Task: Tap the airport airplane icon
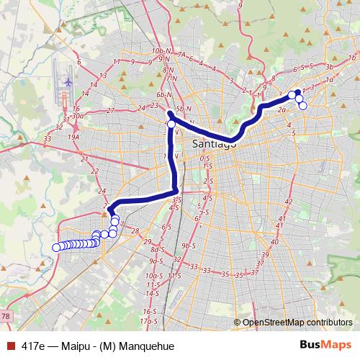tap(68, 81)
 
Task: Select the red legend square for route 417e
tap(9, 346)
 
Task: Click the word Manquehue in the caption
tap(149, 346)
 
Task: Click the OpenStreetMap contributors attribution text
tap(297, 323)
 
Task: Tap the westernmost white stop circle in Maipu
tap(56, 248)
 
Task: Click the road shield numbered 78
tap(5, 316)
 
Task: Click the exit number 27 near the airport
tap(110, 110)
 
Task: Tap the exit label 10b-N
tap(160, 52)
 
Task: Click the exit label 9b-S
tap(189, 246)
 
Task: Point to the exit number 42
tap(289, 202)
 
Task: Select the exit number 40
tap(279, 228)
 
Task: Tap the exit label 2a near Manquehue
tap(282, 110)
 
